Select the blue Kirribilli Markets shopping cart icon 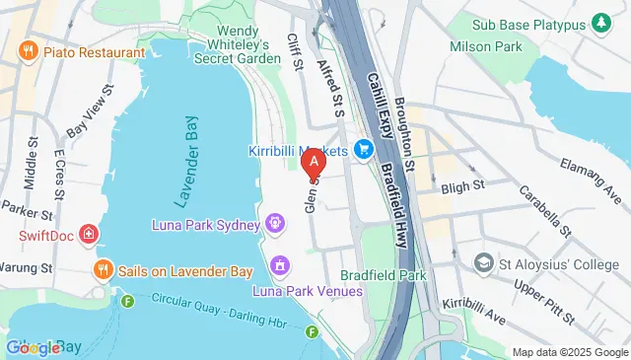point(364,150)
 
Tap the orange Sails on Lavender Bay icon point(101,269)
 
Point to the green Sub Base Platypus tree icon point(599,23)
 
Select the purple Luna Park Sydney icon point(275,223)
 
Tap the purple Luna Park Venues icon point(281,265)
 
